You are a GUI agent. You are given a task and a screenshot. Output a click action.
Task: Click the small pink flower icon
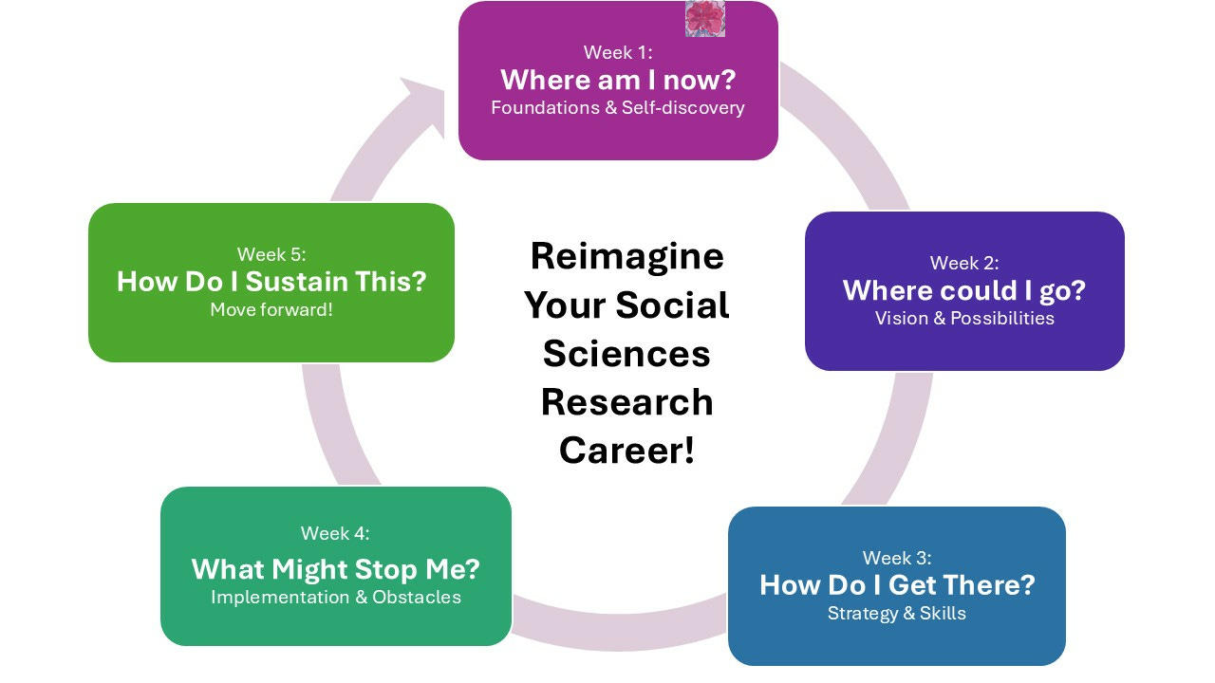705,18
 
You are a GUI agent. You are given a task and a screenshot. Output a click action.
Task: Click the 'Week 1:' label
617,52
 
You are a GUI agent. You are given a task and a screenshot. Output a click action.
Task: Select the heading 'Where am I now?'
618,79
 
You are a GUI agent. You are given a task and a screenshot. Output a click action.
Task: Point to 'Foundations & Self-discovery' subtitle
618,107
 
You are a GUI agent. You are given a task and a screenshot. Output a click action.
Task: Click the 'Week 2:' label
964,263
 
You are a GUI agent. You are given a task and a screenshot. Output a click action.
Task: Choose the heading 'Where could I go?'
964,289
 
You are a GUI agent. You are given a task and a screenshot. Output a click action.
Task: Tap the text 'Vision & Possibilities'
964,318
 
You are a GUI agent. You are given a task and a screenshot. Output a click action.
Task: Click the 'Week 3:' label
897,558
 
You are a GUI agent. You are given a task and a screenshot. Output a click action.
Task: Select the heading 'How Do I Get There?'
897,584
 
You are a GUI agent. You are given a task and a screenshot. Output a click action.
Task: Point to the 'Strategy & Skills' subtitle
897,613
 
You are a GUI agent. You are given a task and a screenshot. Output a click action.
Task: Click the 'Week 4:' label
335,533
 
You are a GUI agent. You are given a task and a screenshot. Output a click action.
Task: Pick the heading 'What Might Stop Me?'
336,569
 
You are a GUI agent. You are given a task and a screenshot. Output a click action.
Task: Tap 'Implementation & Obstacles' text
336,597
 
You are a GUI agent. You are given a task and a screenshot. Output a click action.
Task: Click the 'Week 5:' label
271,254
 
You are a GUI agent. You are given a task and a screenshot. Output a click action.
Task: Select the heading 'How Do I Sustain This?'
271,282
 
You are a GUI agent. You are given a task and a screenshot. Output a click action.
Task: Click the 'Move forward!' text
271,310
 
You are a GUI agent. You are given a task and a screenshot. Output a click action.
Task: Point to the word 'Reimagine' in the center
626,256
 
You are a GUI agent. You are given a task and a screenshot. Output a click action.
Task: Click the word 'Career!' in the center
626,450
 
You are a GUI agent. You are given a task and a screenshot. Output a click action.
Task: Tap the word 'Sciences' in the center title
626,353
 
